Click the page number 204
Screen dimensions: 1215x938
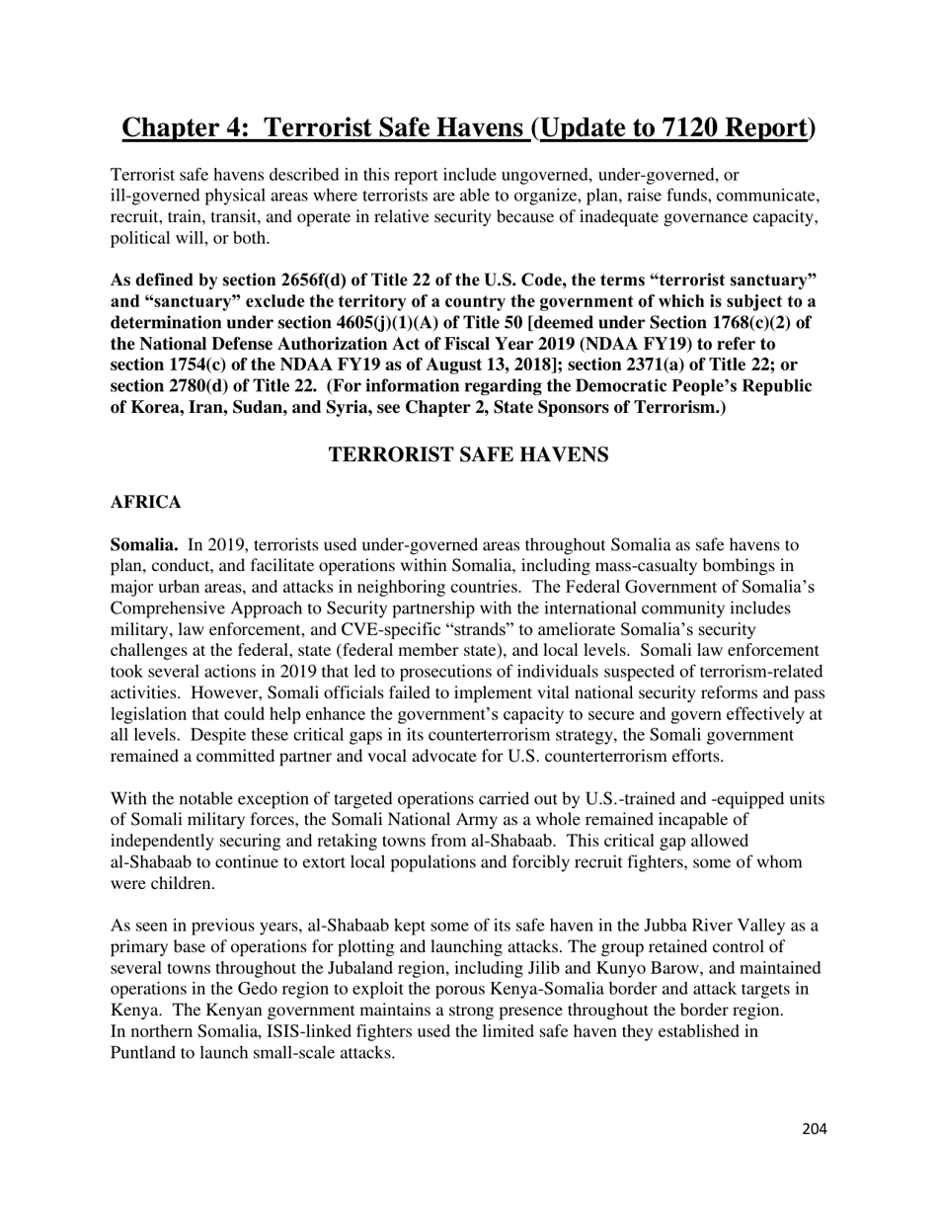tap(814, 1129)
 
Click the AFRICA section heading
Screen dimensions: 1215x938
tap(145, 503)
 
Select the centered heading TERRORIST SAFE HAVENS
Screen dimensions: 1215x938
tap(468, 454)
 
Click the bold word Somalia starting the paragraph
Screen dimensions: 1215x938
tap(142, 545)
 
